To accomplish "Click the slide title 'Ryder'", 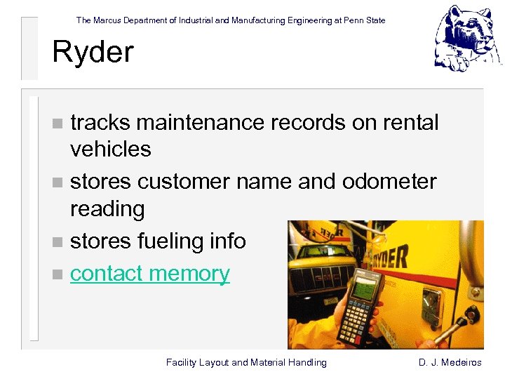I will click(x=93, y=51).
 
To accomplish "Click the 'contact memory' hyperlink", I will click(x=149, y=273).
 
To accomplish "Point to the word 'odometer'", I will click(x=389, y=182).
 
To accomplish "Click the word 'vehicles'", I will click(x=110, y=149).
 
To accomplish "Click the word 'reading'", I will click(x=107, y=208).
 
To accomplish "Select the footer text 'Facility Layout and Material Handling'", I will click(x=246, y=362).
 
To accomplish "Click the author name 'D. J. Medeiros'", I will click(x=450, y=362).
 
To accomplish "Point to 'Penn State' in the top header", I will click(x=364, y=20).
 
